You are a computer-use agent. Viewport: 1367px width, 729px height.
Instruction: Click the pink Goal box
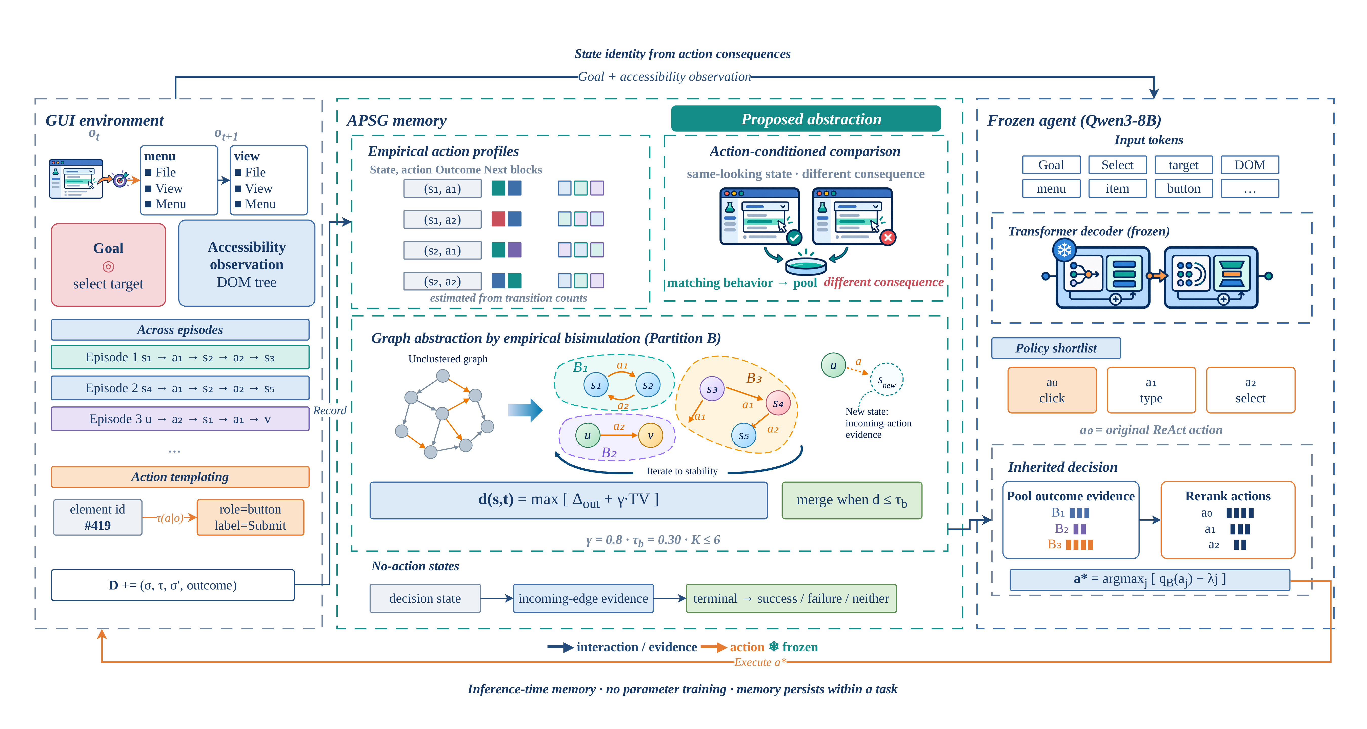click(x=108, y=264)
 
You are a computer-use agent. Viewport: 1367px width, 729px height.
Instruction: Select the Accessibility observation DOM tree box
click(x=247, y=263)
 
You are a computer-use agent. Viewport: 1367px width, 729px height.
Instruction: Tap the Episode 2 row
click(x=180, y=388)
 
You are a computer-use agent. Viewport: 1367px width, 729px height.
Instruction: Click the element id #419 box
click(x=98, y=517)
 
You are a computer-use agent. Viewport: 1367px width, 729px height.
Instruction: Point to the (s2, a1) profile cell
click(x=443, y=250)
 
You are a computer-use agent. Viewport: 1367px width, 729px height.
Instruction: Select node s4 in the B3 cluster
click(x=778, y=404)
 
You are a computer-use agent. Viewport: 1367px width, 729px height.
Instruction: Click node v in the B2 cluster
click(x=651, y=435)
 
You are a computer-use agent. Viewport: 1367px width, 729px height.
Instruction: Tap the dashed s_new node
click(x=887, y=379)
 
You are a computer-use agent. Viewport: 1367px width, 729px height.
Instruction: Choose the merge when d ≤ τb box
click(x=852, y=500)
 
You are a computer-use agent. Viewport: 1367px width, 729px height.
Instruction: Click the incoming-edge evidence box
click(x=583, y=598)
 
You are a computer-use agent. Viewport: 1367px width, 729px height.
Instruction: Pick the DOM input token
click(x=1250, y=165)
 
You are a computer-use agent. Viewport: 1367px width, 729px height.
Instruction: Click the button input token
click(x=1183, y=188)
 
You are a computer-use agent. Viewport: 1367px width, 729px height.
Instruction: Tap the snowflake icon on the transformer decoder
click(x=1064, y=250)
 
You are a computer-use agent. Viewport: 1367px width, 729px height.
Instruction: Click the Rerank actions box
click(x=1228, y=520)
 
